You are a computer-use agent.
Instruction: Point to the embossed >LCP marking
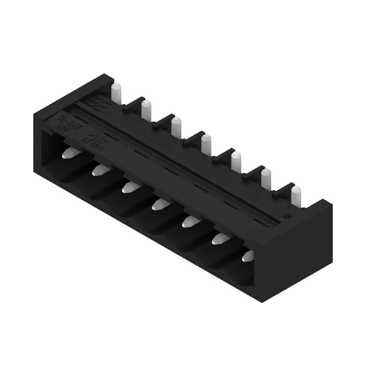click(x=94, y=133)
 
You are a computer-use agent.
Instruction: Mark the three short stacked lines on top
click(x=288, y=215)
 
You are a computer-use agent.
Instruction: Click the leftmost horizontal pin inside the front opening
click(x=68, y=153)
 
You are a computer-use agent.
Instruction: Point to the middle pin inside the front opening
click(x=158, y=204)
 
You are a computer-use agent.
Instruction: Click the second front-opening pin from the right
click(x=219, y=238)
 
